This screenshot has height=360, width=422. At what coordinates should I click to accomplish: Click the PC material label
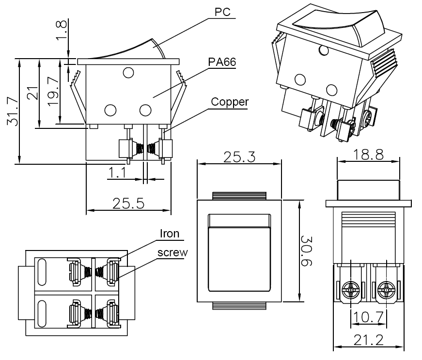pyautogui.click(x=221, y=11)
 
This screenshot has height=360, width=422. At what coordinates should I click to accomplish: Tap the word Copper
pyautogui.click(x=230, y=102)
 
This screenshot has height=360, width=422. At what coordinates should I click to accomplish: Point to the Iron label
pyautogui.click(x=170, y=234)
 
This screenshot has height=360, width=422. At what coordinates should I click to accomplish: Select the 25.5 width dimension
pyautogui.click(x=128, y=203)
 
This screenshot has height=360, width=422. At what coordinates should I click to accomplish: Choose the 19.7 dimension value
pyautogui.click(x=53, y=91)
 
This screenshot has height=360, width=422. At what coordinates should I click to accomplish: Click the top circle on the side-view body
pyautogui.click(x=128, y=73)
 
